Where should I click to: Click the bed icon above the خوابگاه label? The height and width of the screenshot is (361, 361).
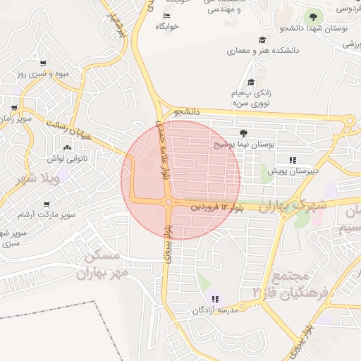(166, 16)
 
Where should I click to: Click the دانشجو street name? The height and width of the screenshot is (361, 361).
(188, 112)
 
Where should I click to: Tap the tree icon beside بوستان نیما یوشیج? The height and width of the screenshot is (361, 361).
(244, 132)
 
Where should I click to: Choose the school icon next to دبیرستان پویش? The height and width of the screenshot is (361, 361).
(293, 160)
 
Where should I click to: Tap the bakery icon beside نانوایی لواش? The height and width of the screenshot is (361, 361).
(68, 148)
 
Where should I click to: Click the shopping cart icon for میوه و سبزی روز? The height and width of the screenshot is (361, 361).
(44, 63)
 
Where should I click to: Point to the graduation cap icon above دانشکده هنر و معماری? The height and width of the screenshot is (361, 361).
(262, 40)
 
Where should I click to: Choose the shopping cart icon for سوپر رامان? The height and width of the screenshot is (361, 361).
(13, 108)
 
